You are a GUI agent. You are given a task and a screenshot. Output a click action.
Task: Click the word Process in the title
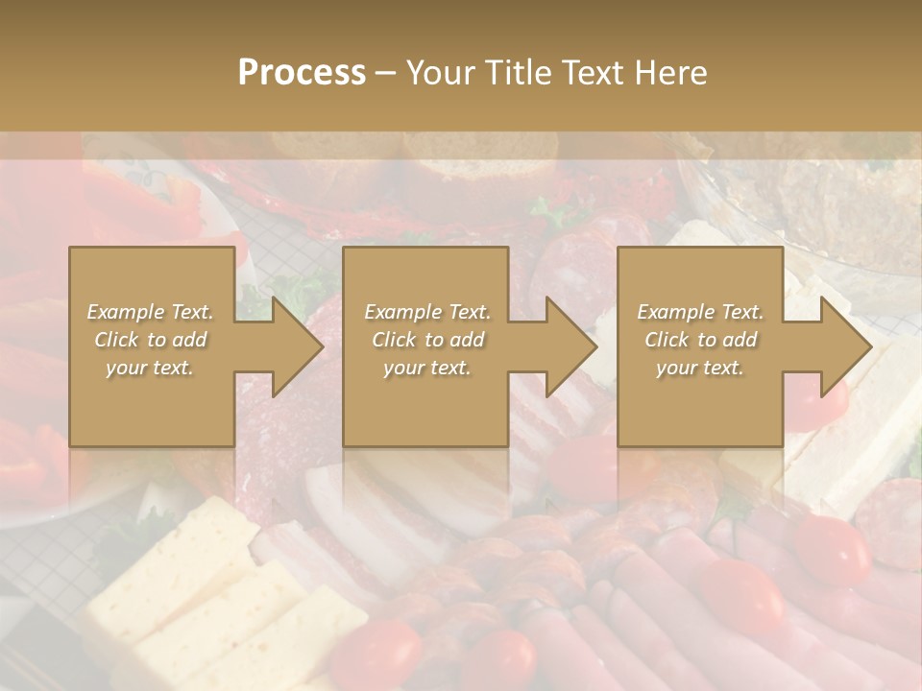[x=302, y=72]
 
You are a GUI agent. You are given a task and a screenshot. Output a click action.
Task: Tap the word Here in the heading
[x=669, y=72]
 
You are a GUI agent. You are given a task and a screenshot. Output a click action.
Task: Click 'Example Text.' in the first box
[x=151, y=312]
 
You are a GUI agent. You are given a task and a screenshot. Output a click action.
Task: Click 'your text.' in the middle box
[x=426, y=368]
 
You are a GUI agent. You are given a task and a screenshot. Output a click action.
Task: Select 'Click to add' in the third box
[x=700, y=340]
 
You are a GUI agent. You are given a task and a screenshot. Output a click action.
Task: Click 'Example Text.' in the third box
[x=700, y=312]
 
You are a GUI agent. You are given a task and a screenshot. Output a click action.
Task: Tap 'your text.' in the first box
[x=151, y=368]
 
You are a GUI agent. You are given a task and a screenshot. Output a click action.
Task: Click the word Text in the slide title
[x=592, y=72]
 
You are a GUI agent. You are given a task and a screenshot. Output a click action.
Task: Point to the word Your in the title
[x=440, y=72]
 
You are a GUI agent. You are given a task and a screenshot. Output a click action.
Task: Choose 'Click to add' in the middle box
[x=426, y=340]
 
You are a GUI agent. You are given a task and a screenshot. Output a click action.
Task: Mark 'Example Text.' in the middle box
[x=426, y=312]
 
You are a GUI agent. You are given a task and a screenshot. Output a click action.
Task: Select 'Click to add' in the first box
[x=151, y=340]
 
